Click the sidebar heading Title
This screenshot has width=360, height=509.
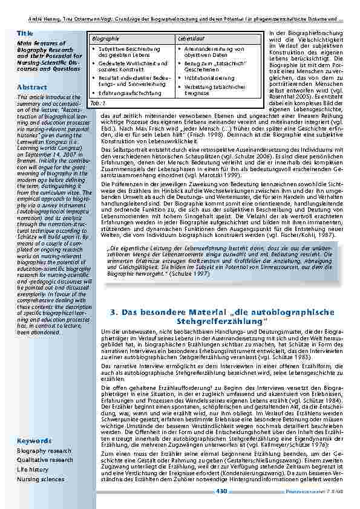(25, 33)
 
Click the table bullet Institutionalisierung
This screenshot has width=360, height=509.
(210, 78)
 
